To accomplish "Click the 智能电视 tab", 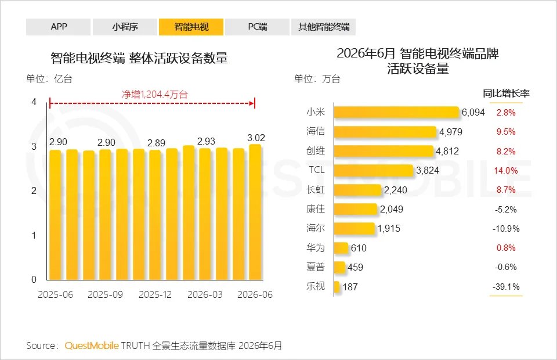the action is click(x=191, y=27).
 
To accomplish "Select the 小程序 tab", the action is click(x=125, y=27).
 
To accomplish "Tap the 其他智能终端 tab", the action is click(x=324, y=27).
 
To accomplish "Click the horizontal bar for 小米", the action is click(x=396, y=112).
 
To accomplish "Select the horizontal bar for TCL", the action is click(x=374, y=170).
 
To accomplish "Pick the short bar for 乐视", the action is click(x=337, y=286).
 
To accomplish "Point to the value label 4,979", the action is click(x=451, y=132).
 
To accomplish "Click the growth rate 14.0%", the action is click(x=506, y=171).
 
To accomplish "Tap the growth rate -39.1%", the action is click(x=506, y=286).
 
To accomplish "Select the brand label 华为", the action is click(x=316, y=248).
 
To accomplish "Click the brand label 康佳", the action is click(x=316, y=209).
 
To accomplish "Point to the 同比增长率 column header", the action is click(x=506, y=93).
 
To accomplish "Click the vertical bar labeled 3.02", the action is click(x=255, y=212).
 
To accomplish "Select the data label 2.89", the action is click(x=156, y=143).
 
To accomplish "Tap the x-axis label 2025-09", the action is click(x=105, y=294).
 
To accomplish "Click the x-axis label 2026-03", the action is click(x=205, y=294).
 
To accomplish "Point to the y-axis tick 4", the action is click(x=34, y=102).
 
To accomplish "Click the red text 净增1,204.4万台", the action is click(x=154, y=94).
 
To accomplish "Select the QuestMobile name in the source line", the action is click(x=92, y=345).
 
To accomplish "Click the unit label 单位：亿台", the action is click(x=49, y=78).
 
